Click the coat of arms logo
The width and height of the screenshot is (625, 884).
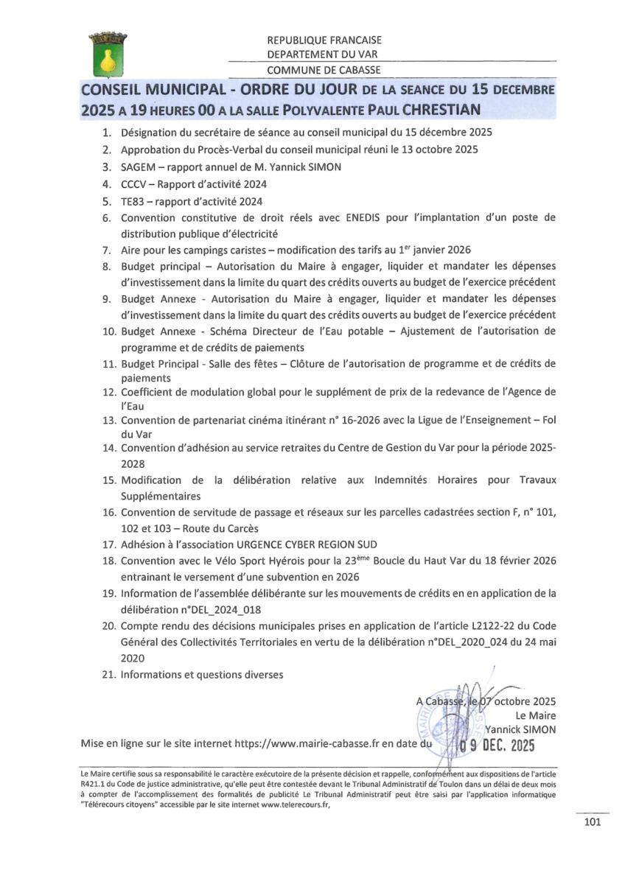click(108, 53)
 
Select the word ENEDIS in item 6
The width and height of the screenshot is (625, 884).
click(398, 218)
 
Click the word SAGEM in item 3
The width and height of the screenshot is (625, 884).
click(136, 167)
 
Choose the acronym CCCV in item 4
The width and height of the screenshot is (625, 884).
click(134, 184)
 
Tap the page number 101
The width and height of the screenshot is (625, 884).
click(592, 821)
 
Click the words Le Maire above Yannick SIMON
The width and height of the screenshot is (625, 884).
click(537, 715)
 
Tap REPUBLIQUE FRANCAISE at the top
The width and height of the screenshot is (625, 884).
click(324, 41)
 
